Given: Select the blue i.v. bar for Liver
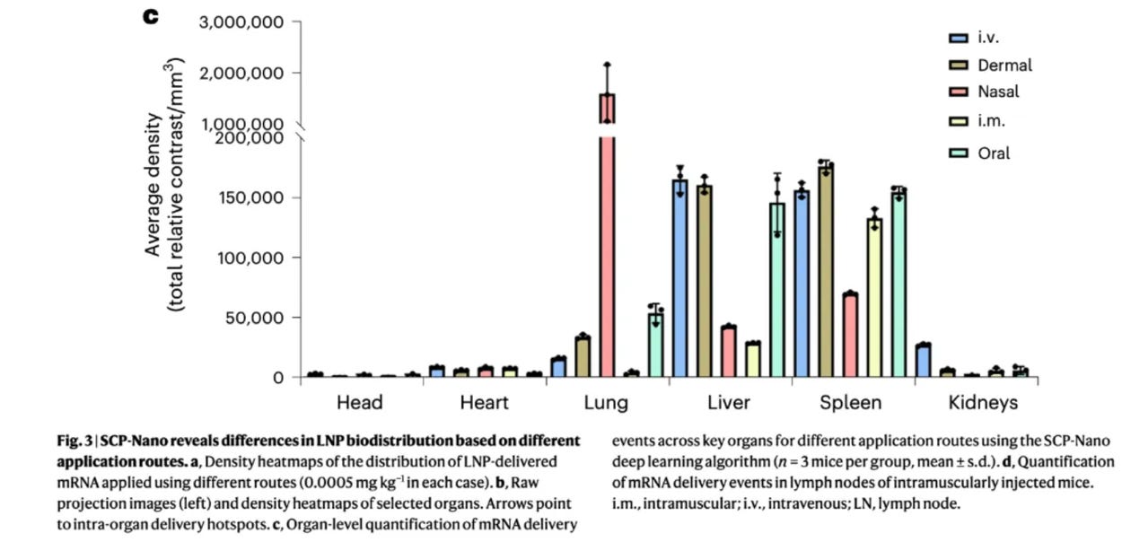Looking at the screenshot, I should pyautogui.click(x=680, y=278).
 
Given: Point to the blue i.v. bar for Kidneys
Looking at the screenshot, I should pyautogui.click(x=923, y=361).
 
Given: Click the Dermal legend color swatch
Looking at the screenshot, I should pyautogui.click(x=958, y=66).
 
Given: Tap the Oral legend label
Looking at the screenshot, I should pyautogui.click(x=994, y=153).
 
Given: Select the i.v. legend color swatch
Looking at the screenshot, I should pyautogui.click(x=958, y=38).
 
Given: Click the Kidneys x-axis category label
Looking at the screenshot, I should pyautogui.click(x=983, y=403).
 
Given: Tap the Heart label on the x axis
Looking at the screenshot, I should pyautogui.click(x=484, y=403).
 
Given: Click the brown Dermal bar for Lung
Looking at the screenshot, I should pyautogui.click(x=583, y=356).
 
